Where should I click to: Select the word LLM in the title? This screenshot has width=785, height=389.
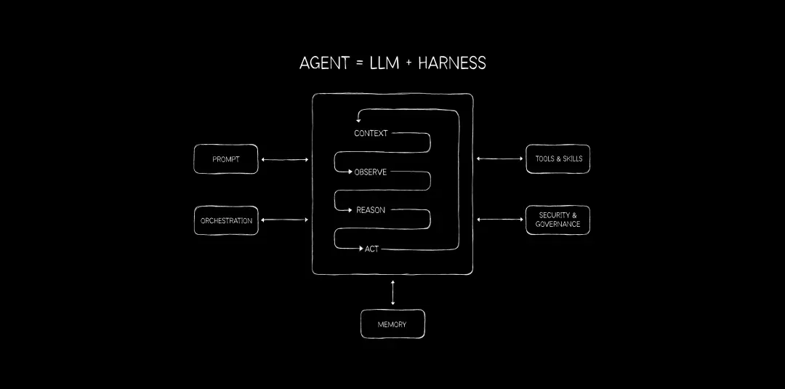click(x=385, y=63)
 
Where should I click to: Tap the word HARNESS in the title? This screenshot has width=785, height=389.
click(x=452, y=63)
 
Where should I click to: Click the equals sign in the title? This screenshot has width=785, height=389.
click(x=359, y=63)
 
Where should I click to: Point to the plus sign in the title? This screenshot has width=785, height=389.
click(x=409, y=63)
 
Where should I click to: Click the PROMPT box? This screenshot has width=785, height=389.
click(x=226, y=159)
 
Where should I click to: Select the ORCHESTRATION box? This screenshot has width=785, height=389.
click(x=226, y=220)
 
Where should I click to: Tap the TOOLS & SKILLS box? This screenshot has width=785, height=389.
click(x=558, y=159)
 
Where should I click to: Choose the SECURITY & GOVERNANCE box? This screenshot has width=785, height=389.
click(x=557, y=220)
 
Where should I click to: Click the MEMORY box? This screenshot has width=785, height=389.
click(x=392, y=324)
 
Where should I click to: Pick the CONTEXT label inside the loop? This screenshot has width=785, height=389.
click(x=371, y=133)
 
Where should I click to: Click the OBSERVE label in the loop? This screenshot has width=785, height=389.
click(x=371, y=172)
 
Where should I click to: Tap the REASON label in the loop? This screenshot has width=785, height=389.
click(x=371, y=210)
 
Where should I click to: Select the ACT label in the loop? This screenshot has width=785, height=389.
click(x=371, y=249)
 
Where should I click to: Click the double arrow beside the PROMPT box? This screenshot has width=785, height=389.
click(x=285, y=160)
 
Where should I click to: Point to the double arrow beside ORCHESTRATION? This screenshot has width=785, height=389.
click(x=285, y=220)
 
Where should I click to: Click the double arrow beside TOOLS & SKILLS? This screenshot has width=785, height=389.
click(x=499, y=159)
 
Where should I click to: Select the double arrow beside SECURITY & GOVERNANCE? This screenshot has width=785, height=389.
click(x=499, y=220)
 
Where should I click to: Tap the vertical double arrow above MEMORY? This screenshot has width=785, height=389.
click(x=392, y=292)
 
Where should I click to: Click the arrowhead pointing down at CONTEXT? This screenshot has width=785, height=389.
click(x=358, y=120)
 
